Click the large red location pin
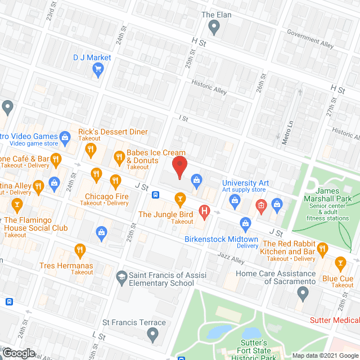pos(179,167)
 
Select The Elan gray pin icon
pos(214,26)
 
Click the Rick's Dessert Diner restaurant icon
pos(90,150)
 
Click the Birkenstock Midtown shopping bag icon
pos(245,224)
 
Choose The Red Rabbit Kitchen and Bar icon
pos(322,248)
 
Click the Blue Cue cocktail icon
pos(340,263)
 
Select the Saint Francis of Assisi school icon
pos(121,276)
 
